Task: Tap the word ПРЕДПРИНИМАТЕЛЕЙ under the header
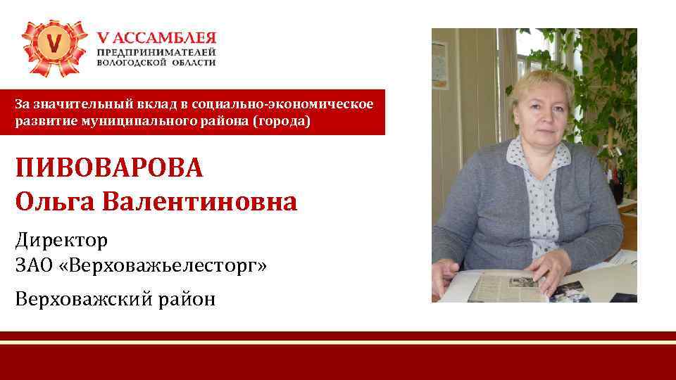click(156, 52)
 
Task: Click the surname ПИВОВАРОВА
click(109, 169)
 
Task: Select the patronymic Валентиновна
click(200, 202)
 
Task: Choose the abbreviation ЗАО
click(33, 267)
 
